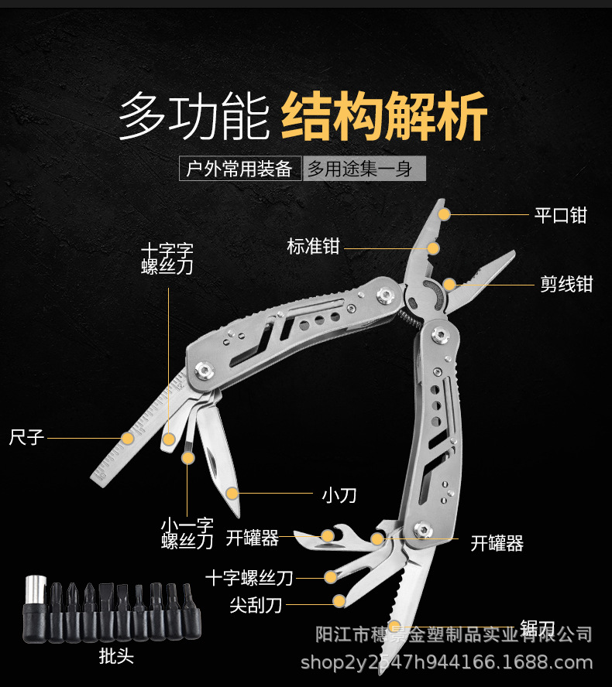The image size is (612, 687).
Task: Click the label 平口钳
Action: [x=561, y=214]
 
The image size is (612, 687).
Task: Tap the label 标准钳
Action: [x=313, y=247]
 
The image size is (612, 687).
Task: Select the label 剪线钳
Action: [x=566, y=284]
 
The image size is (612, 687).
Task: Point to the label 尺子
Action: [x=26, y=437]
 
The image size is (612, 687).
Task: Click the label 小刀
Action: [x=339, y=494]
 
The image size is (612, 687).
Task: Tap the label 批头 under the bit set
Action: [x=116, y=657]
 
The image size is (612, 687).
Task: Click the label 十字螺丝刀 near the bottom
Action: [x=249, y=577]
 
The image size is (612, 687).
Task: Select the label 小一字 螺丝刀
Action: [x=187, y=532]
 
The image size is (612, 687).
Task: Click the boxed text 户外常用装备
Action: [x=239, y=168]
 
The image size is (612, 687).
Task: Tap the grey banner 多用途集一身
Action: [x=363, y=168]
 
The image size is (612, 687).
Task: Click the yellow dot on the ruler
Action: [x=127, y=438]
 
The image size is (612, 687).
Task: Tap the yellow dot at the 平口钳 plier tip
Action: [x=443, y=213]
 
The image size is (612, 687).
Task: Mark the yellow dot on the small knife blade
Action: [x=232, y=493]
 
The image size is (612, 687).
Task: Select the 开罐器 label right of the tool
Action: [x=497, y=543]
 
